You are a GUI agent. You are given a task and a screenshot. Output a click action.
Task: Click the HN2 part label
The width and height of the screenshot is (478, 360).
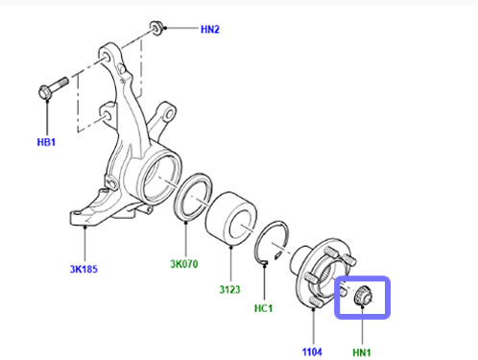pos(210,29)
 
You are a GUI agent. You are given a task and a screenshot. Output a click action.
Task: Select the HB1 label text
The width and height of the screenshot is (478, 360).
pos(46,142)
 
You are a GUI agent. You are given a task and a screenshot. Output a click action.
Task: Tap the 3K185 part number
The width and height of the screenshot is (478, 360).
pos(84,269)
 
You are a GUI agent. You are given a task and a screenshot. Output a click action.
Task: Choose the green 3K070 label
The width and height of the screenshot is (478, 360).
pos(184,264)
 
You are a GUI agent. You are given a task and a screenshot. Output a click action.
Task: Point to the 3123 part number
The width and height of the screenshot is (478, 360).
pos(229,289)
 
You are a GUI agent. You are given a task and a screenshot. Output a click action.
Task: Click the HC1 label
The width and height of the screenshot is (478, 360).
pos(263,308)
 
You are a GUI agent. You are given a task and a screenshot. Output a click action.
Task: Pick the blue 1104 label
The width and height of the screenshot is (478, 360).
pos(312,352)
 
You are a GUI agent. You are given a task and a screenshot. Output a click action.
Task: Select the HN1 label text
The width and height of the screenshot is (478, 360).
pos(362,352)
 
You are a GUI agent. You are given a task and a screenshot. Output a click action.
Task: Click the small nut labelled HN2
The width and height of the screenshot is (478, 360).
pos(156,28)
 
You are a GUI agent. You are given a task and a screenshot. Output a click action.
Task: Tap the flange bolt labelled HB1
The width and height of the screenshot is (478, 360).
pos(53,87)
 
